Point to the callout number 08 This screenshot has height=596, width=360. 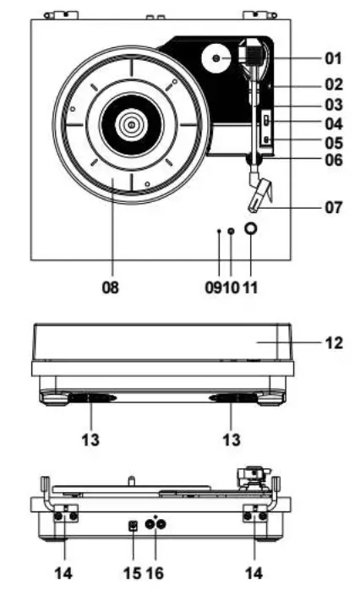click(x=111, y=287)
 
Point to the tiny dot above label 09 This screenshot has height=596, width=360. click(x=219, y=230)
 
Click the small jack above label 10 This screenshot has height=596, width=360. click(x=232, y=230)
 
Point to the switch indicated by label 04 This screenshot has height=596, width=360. click(x=265, y=119)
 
